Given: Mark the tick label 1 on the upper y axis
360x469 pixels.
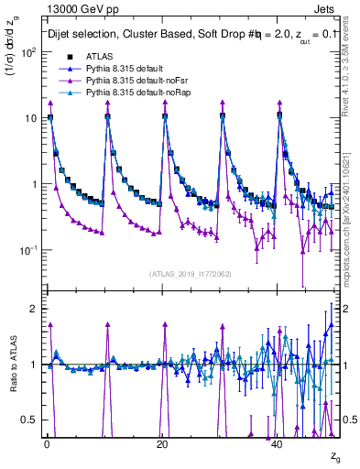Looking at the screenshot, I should [x=33, y=184].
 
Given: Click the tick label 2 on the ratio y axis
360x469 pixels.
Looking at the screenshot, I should [x=33, y=309].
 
